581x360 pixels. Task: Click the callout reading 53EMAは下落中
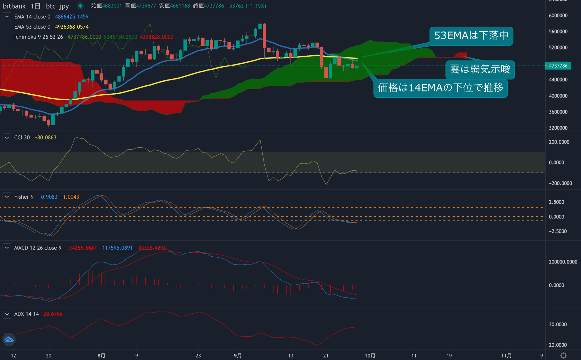tap(471, 36)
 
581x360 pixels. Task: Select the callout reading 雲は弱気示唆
tap(480, 69)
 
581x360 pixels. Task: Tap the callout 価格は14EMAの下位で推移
tap(440, 88)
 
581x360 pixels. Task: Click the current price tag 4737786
tap(558, 66)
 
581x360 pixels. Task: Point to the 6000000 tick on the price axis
tap(558, 16)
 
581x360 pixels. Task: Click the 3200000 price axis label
tap(558, 128)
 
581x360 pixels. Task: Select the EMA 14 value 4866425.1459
tap(71, 17)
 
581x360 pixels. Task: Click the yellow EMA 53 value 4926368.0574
tap(71, 27)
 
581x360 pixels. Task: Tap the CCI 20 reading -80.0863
tap(45, 138)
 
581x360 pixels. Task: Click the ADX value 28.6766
tap(53, 314)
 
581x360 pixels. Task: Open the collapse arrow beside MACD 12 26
tap(7, 248)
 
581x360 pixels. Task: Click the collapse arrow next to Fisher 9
tap(7, 197)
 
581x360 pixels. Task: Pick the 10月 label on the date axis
tap(370, 356)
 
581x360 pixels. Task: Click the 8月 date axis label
tap(101, 356)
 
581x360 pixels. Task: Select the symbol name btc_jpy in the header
tap(57, 6)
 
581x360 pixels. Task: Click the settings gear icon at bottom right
tap(563, 355)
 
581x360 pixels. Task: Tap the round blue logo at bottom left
tap(9, 339)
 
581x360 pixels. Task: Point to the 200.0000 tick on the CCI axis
tap(559, 142)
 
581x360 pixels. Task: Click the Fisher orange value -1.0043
tap(70, 197)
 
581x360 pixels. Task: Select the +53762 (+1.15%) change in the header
tap(246, 6)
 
